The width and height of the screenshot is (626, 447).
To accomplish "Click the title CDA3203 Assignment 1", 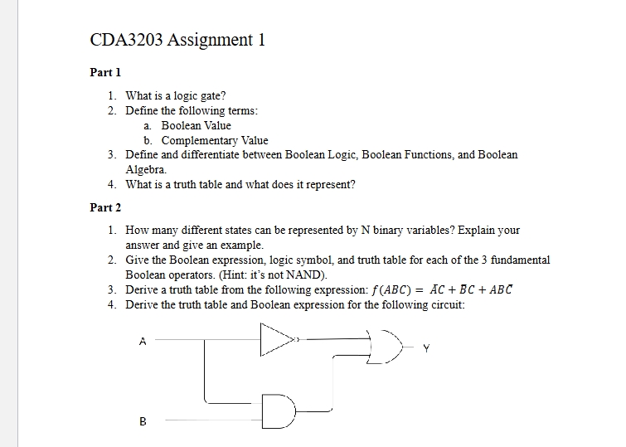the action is pyautogui.click(x=177, y=40).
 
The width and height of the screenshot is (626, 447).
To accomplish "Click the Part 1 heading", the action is pyautogui.click(x=105, y=72).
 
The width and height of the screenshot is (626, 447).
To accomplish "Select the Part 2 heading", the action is pyautogui.click(x=105, y=206).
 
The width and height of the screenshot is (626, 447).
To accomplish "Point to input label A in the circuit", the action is pyautogui.click(x=143, y=340).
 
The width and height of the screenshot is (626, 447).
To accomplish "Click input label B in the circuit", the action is pyautogui.click(x=143, y=421).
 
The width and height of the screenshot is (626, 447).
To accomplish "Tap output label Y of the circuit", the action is pyautogui.click(x=426, y=349).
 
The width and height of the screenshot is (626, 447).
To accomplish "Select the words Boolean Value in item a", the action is pyautogui.click(x=196, y=125).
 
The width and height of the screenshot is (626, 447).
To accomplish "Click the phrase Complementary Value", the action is pyautogui.click(x=215, y=140).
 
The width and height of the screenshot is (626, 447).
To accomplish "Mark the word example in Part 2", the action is pyautogui.click(x=243, y=245).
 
